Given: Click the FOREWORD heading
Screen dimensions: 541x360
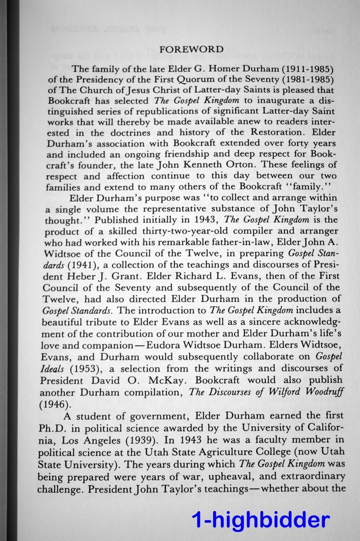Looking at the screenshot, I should (x=192, y=49).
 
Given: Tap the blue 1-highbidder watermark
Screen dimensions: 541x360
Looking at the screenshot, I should (x=260, y=520).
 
